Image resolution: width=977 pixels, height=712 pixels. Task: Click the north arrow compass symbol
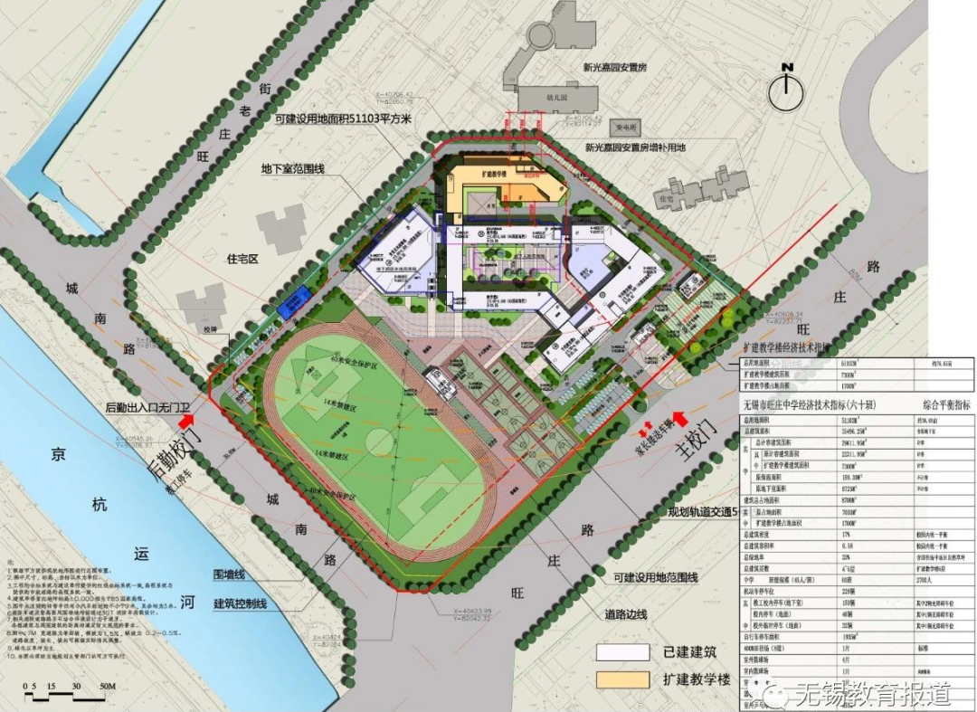(x=787, y=88)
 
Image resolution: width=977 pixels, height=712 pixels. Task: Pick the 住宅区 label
(x=242, y=259)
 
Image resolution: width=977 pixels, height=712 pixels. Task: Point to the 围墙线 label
(x=232, y=574)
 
